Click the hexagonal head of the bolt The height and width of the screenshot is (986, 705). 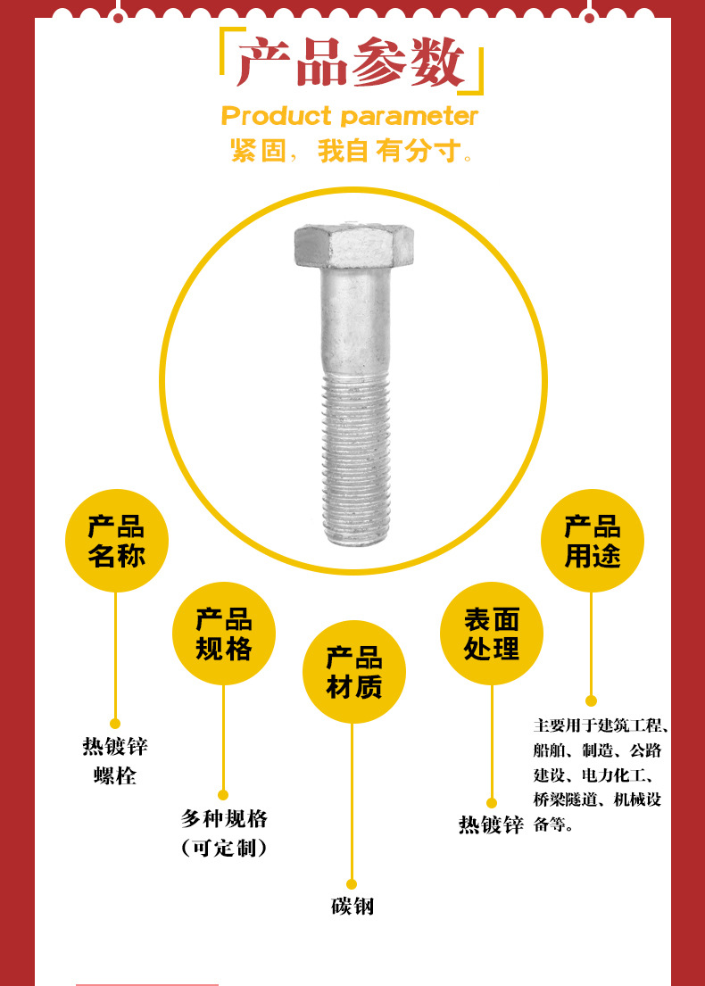coord(353,245)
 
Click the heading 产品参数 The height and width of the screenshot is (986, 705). coord(352,64)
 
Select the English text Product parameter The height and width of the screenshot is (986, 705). coord(350,116)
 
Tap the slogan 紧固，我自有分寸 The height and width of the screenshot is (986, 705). coord(350,152)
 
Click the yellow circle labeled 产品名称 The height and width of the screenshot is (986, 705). coord(116,541)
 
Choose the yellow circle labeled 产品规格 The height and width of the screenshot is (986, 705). coord(224,634)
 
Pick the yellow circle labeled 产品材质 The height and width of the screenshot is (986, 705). coord(353,672)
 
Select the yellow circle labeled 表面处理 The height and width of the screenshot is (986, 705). coord(492,634)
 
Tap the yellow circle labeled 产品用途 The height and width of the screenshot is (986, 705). coord(592,541)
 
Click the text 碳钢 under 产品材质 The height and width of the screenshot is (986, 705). coord(352,907)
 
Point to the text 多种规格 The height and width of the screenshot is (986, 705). coord(224,818)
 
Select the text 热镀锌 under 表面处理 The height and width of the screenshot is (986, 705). coord(491,825)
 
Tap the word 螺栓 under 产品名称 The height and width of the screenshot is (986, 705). coord(115,775)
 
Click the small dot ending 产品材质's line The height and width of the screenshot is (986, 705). coord(352,884)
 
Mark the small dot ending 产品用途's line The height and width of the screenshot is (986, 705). coord(591,701)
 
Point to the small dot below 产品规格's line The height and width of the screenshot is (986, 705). coord(223,795)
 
